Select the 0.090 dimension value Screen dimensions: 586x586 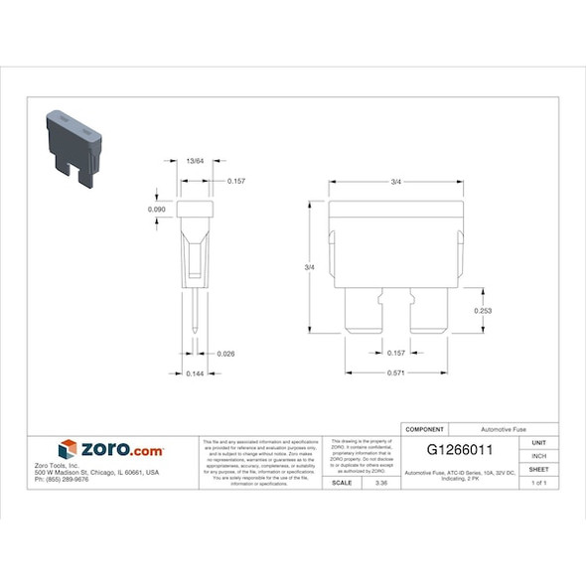tap(156, 210)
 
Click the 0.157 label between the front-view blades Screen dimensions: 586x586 tap(395, 353)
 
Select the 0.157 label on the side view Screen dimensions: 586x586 tap(236, 181)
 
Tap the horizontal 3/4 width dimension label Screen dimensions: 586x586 tap(395, 181)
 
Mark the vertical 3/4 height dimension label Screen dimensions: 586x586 tap(309, 268)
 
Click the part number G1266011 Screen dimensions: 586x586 tap(460, 450)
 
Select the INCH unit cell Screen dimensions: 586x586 tap(539, 455)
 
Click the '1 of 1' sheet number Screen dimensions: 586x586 tap(539, 483)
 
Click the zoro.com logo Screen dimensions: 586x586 tap(110, 450)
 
